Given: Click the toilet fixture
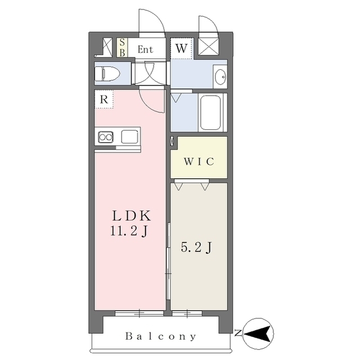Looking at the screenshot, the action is pyautogui.click(x=107, y=74).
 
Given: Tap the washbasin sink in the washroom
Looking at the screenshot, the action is pyautogui.click(x=220, y=76).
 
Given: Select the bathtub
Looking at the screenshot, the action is pyautogui.click(x=210, y=112).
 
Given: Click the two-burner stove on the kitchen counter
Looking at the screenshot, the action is pyautogui.click(x=106, y=137).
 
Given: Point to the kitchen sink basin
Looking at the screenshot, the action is pyautogui.click(x=130, y=137).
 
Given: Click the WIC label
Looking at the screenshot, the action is pyautogui.click(x=199, y=161).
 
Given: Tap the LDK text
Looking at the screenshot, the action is pyautogui.click(x=132, y=216).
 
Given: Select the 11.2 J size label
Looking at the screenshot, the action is pyautogui.click(x=129, y=231).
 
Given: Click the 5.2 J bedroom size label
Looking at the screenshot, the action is pyautogui.click(x=196, y=247).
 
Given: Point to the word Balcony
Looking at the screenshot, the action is pyautogui.click(x=161, y=336).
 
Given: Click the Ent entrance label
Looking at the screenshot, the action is pyautogui.click(x=145, y=49).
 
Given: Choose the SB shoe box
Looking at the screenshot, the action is pyautogui.click(x=122, y=47).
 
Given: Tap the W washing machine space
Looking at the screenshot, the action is pyautogui.click(x=181, y=48).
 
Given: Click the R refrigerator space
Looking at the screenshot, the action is pyautogui.click(x=104, y=99).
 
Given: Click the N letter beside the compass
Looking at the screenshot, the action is pyautogui.click(x=238, y=332).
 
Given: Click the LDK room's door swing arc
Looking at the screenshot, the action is pyautogui.click(x=149, y=106).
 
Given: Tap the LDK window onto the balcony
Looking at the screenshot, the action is pyautogui.click(x=139, y=313).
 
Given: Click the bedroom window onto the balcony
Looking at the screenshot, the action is pyautogui.click(x=187, y=313).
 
